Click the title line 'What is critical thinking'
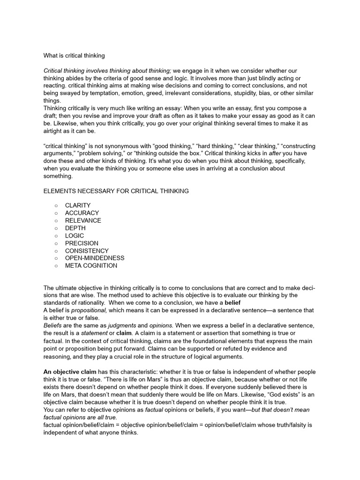tap(74, 55)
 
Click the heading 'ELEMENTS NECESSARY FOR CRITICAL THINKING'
tap(116, 191)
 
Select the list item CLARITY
tap(78, 205)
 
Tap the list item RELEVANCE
tap(83, 220)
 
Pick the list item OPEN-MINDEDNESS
tap(95, 258)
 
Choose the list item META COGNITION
tap(91, 265)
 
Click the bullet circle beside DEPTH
tap(56, 228)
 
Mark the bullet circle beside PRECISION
tap(56, 243)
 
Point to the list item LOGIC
tap(75, 235)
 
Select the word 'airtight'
tap(55, 131)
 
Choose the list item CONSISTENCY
tap(87, 251)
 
